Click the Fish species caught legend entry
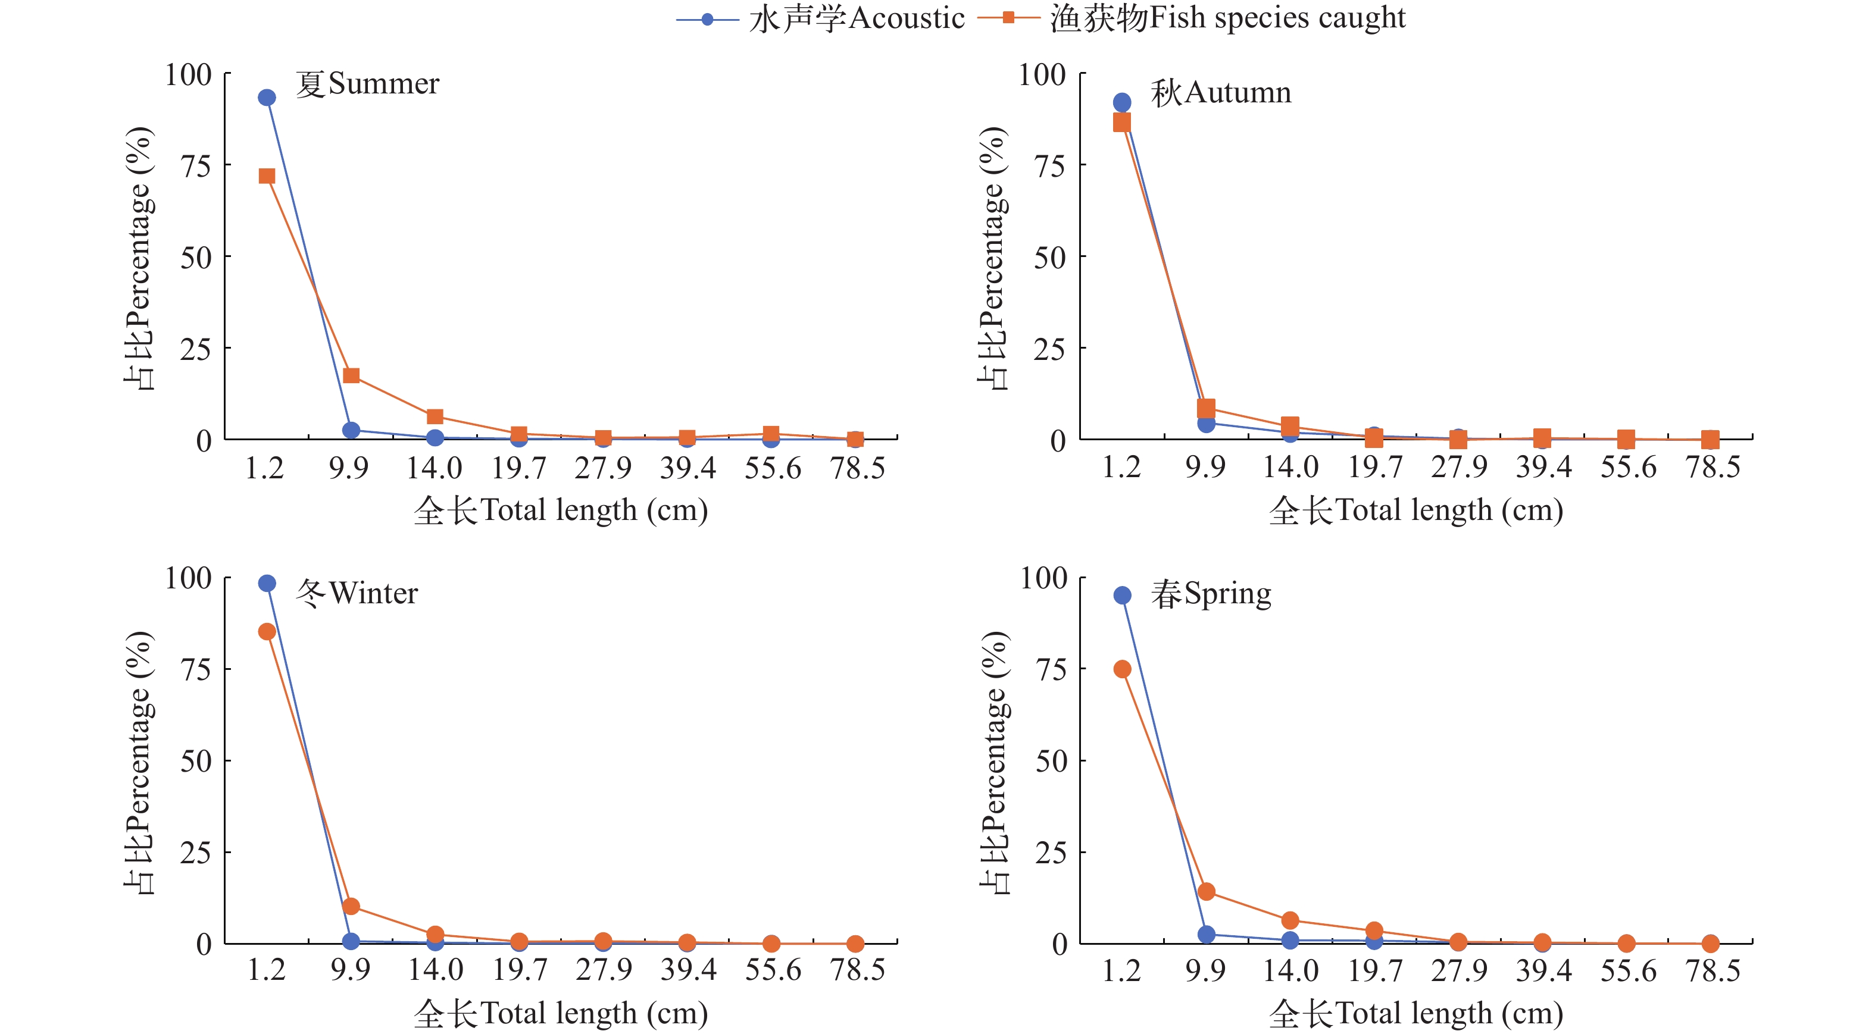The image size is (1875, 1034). pyautogui.click(x=1192, y=19)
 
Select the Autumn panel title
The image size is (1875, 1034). pyautogui.click(x=1221, y=93)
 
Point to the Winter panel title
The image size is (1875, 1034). pyautogui.click(x=357, y=594)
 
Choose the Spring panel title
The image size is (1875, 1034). pyautogui.click(x=1211, y=594)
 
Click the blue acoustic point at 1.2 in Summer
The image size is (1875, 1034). pyautogui.click(x=267, y=98)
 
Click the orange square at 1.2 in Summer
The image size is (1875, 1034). pyautogui.click(x=267, y=176)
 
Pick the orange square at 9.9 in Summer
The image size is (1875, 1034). pyautogui.click(x=351, y=375)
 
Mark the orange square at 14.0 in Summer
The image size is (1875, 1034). pyautogui.click(x=435, y=416)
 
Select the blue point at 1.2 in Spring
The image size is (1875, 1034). pyautogui.click(x=1123, y=595)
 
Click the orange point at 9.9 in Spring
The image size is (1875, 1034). pyautogui.click(x=1206, y=891)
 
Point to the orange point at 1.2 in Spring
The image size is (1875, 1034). pyautogui.click(x=1123, y=669)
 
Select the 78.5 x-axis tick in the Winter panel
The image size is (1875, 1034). pyautogui.click(x=857, y=970)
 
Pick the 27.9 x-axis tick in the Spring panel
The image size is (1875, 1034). pyautogui.click(x=1460, y=971)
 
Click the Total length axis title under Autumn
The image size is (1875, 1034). pyautogui.click(x=1415, y=510)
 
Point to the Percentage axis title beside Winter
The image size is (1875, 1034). pyautogui.click(x=138, y=762)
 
